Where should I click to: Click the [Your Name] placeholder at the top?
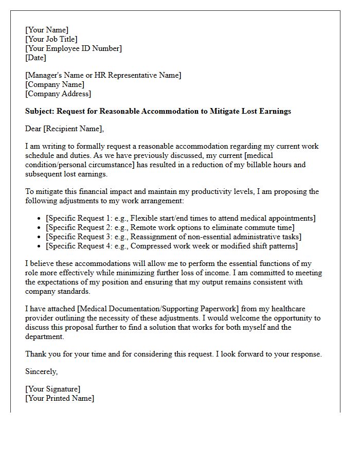point(46,30)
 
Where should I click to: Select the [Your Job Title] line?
point(51,39)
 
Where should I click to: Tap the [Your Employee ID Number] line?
point(74,48)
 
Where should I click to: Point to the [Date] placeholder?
point(35,58)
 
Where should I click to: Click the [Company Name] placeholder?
point(55,84)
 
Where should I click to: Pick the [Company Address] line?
point(58,94)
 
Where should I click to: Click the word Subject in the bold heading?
point(40,111)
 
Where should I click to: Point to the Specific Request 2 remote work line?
point(170,227)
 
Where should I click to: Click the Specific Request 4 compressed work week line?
point(171,246)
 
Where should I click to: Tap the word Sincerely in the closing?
point(41,371)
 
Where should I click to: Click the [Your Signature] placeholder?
point(52,389)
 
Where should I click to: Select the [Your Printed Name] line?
point(60,398)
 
